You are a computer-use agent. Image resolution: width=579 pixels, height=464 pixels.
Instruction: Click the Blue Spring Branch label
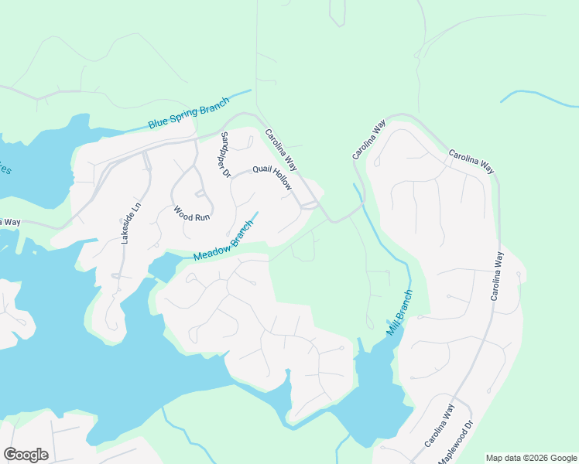[x=189, y=114]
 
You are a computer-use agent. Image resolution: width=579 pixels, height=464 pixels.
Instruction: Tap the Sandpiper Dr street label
[x=225, y=155]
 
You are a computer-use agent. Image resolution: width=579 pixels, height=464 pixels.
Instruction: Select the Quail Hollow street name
[x=272, y=179]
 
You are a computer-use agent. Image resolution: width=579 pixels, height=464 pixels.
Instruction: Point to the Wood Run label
[x=191, y=213]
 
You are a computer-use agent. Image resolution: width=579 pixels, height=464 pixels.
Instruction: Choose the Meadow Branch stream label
[x=224, y=241]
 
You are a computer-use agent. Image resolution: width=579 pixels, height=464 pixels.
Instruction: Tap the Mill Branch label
[x=399, y=312]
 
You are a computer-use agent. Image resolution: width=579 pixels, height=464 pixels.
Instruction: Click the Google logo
[x=26, y=454]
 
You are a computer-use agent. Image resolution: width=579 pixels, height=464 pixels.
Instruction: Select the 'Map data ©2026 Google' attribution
[x=531, y=458]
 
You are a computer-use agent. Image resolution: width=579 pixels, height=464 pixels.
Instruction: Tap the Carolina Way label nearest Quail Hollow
[x=280, y=149]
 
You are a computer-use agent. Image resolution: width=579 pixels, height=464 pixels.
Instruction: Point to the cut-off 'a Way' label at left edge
[x=10, y=222]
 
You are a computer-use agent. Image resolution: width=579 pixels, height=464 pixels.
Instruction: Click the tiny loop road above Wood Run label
[x=199, y=193]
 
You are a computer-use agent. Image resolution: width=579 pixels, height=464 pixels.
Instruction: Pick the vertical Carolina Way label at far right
[x=495, y=276]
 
